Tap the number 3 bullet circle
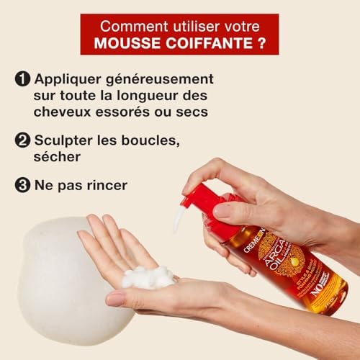pos(22,184)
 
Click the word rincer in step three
pos(105,184)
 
